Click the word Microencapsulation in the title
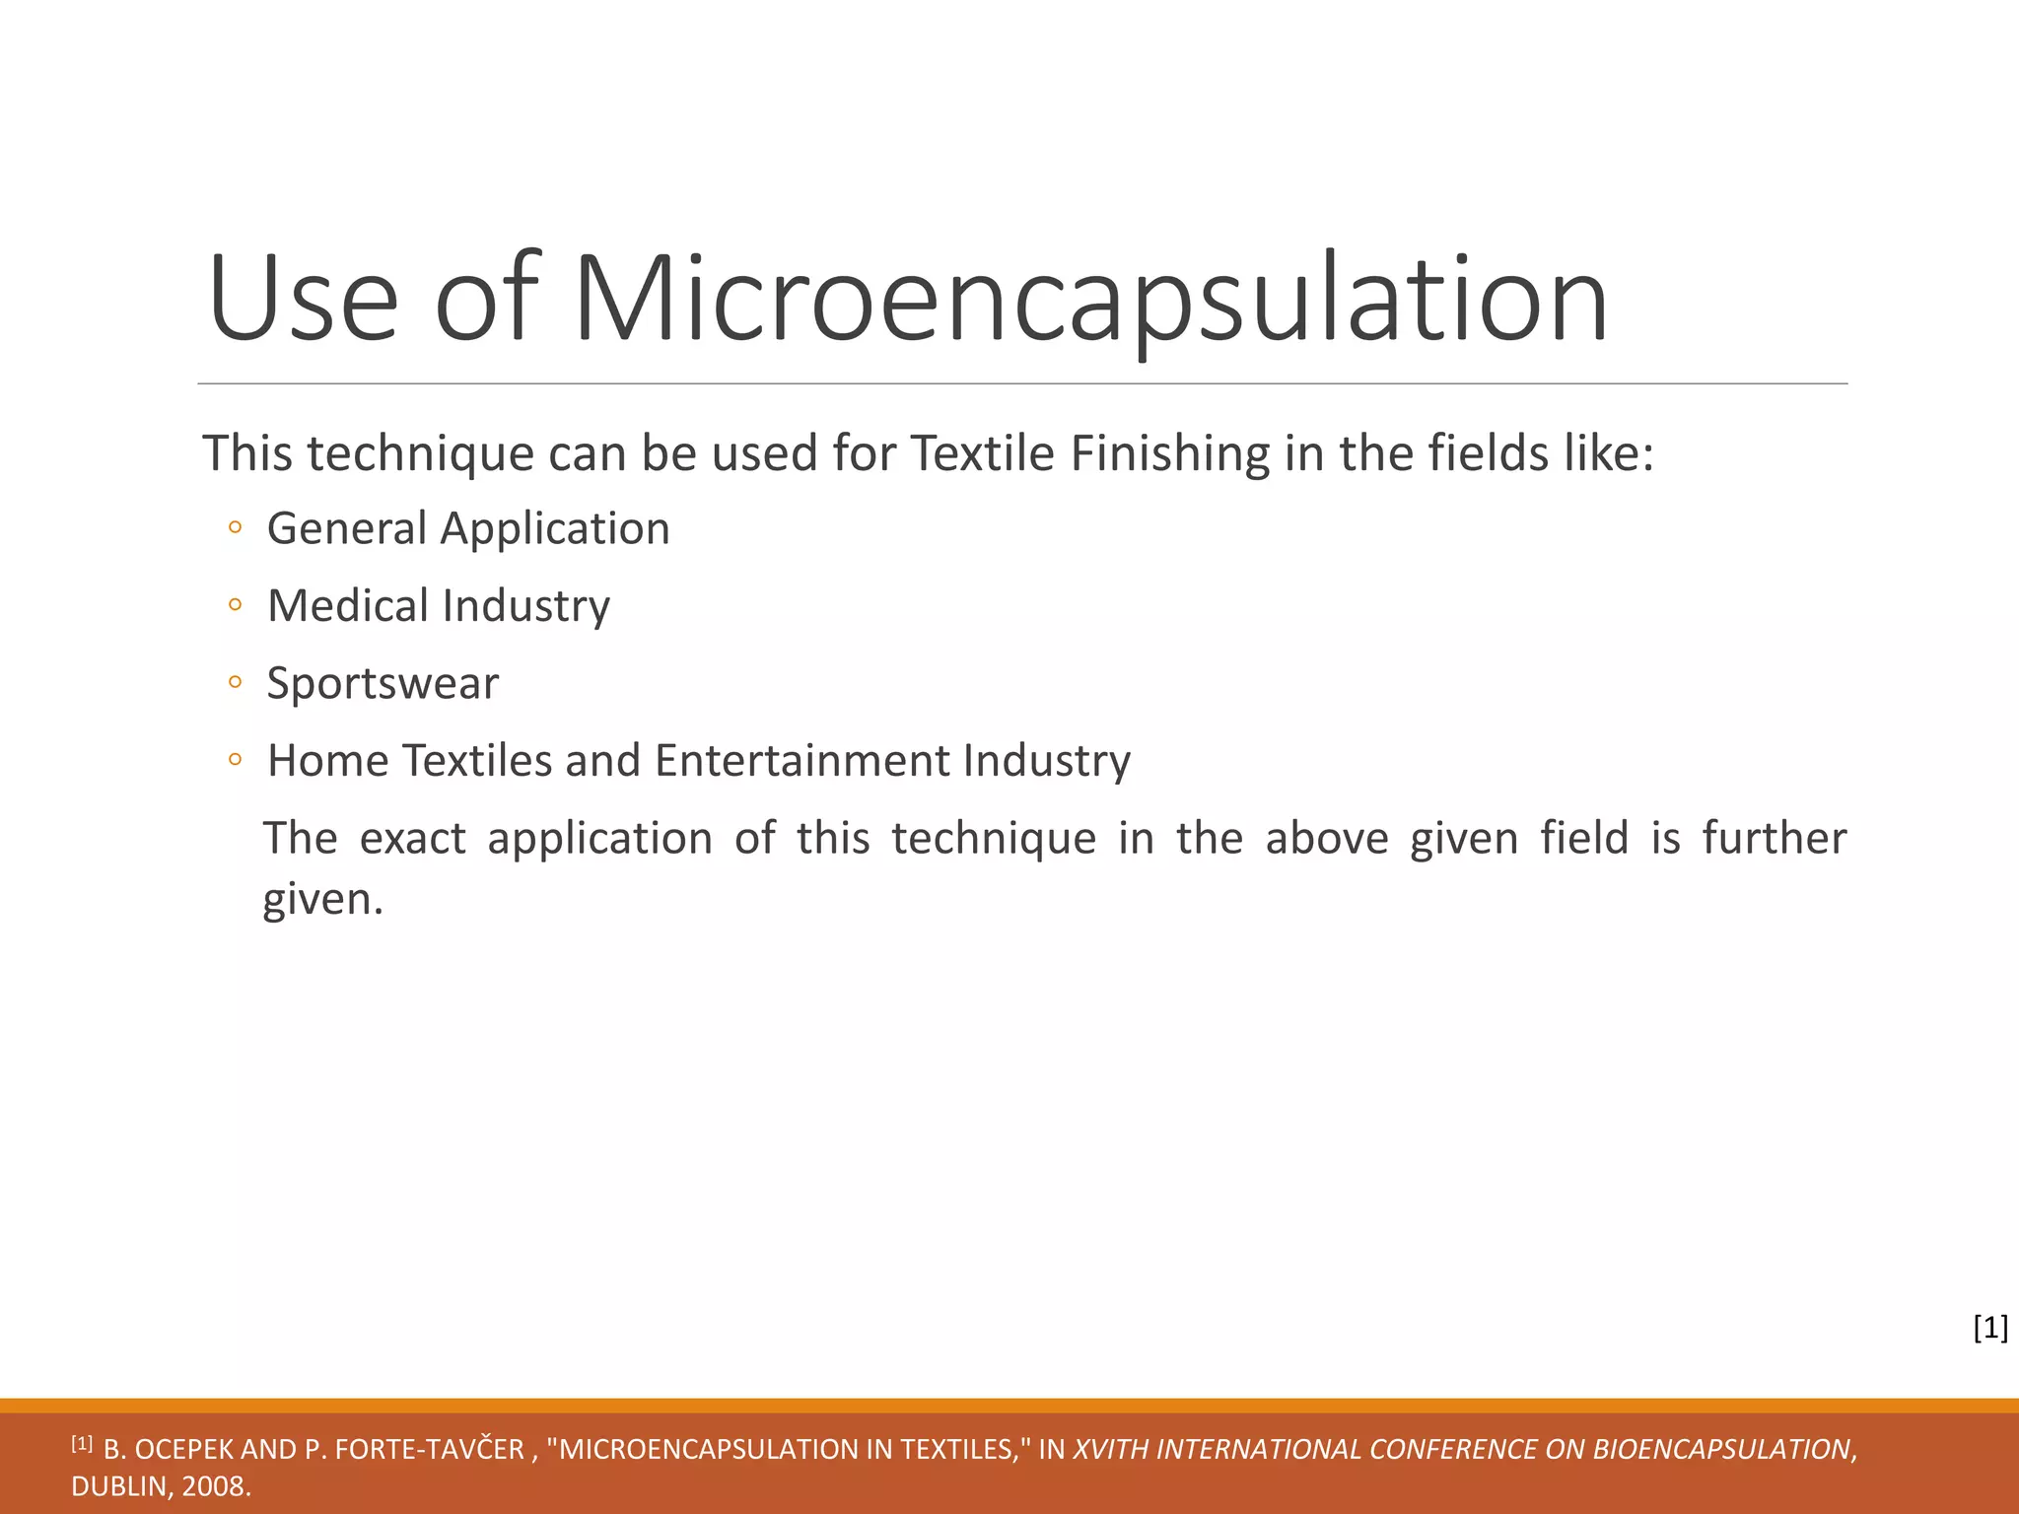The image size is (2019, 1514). click(x=1090, y=300)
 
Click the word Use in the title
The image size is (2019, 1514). click(x=304, y=300)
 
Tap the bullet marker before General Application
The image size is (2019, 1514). click(x=235, y=528)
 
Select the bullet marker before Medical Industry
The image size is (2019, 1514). click(x=235, y=605)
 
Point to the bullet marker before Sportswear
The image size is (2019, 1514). click(x=235, y=682)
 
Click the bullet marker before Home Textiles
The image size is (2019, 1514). click(x=235, y=760)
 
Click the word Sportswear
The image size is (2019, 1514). click(x=383, y=684)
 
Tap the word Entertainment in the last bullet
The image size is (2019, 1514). click(x=802, y=761)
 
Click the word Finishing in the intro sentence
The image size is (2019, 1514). click(x=1170, y=453)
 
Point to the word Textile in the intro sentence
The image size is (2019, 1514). click(x=982, y=453)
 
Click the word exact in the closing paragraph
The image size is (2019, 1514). click(x=413, y=839)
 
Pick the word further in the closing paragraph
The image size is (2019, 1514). click(x=1775, y=839)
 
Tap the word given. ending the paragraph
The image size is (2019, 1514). click(x=322, y=899)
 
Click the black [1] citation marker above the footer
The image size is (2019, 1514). click(x=1990, y=1328)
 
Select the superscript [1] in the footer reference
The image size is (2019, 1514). click(x=82, y=1444)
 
